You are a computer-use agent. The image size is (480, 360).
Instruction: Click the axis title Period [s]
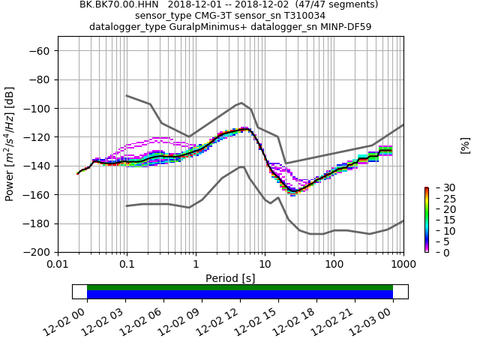pos(230,278)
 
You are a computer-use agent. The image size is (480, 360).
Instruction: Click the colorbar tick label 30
pos(439,187)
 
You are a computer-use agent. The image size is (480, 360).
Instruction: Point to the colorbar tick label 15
pos(439,220)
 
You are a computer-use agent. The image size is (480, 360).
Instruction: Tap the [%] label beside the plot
pos(465,145)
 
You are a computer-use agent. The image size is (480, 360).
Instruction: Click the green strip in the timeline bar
pos(240,287)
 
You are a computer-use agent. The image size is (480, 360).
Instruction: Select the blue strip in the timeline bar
pos(240,295)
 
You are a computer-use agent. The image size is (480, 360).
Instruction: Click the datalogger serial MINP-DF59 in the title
pos(343,27)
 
